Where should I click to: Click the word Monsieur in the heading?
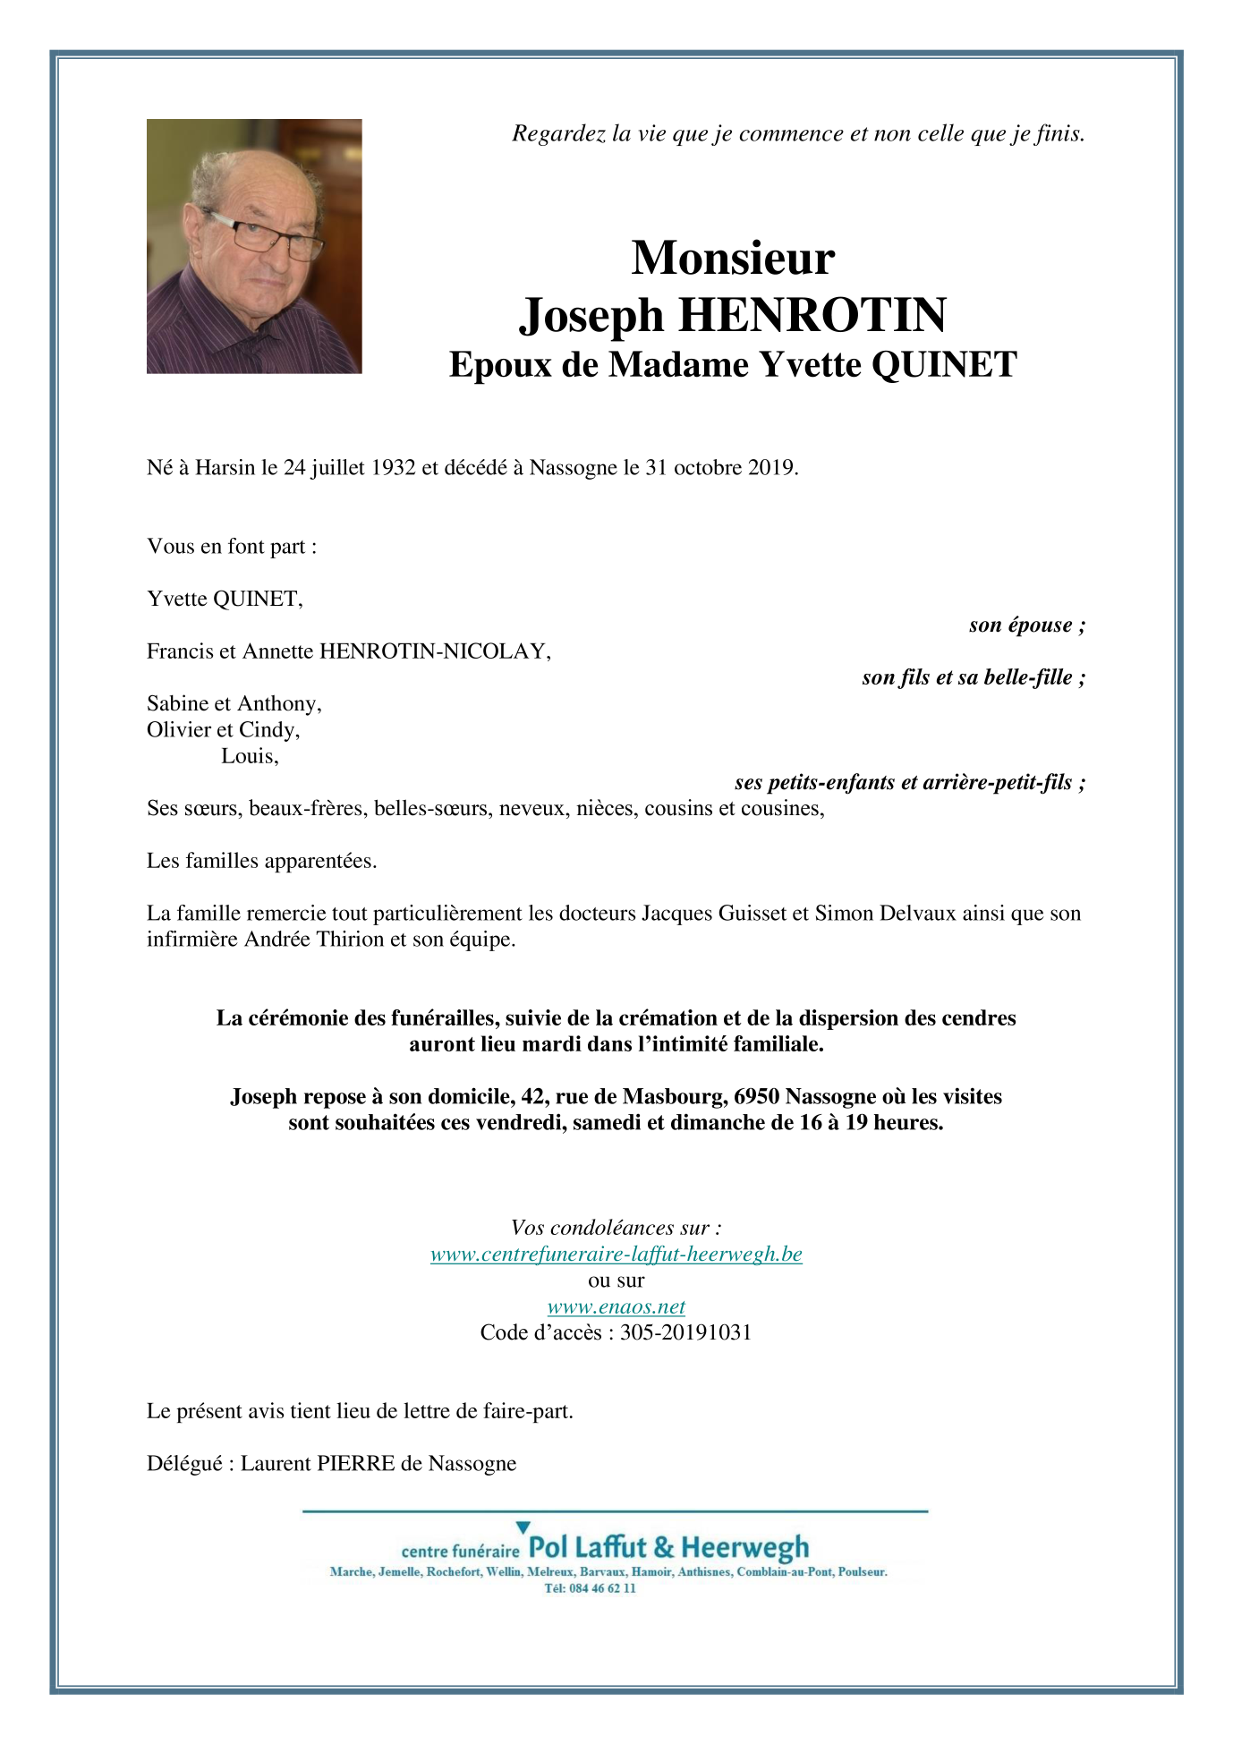pos(733,259)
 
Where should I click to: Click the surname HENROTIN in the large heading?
pos(812,315)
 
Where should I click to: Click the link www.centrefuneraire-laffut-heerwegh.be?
pos(616,1254)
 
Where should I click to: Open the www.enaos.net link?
pos(616,1306)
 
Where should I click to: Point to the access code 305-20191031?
pos(685,1332)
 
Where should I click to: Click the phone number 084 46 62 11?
pos(602,1588)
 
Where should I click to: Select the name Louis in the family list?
pos(249,756)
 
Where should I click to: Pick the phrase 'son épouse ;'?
pos(1026,625)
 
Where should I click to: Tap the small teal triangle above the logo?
pos(523,1527)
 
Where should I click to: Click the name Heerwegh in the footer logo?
pos(744,1547)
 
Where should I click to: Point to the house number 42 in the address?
pos(533,1096)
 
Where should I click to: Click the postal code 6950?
pos(756,1096)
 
